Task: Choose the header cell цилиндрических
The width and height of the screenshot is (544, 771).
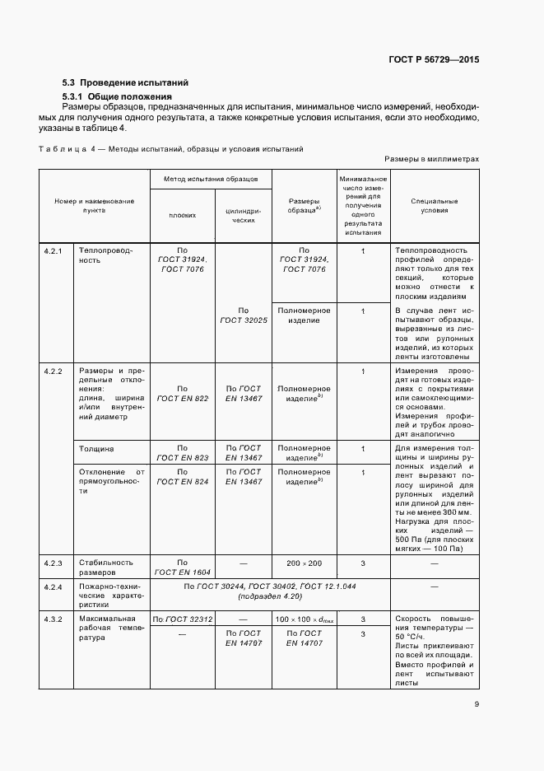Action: pyautogui.click(x=243, y=215)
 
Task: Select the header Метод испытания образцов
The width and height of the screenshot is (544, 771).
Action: pyautogui.click(x=212, y=179)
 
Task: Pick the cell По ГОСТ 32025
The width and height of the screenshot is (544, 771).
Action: pyautogui.click(x=243, y=315)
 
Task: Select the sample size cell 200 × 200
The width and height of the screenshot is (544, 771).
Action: pyautogui.click(x=304, y=563)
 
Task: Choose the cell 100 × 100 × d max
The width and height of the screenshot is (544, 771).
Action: pyautogui.click(x=304, y=619)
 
